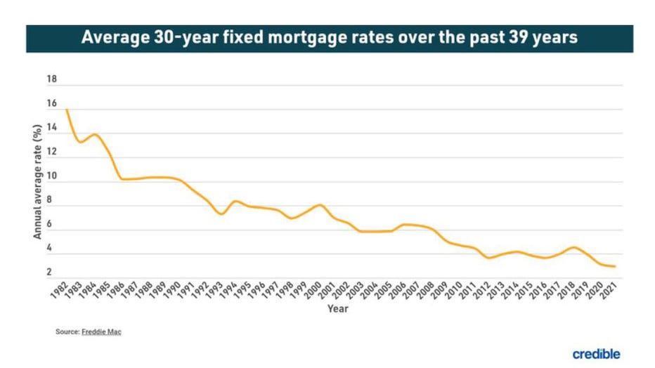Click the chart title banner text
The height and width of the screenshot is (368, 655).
point(329,38)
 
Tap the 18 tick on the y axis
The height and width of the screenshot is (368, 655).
point(51,79)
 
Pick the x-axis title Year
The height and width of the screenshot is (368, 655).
point(337,308)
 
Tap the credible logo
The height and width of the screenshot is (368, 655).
point(596,354)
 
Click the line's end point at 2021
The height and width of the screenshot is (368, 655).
point(616,266)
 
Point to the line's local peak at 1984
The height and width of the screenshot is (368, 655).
point(94,134)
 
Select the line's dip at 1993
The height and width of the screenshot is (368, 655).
point(221,213)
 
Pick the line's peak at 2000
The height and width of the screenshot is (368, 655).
point(320,205)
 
